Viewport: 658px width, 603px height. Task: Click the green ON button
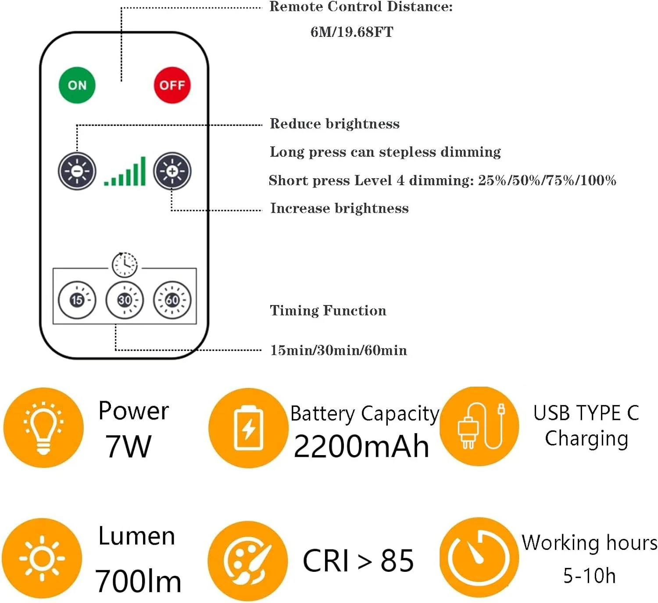click(x=77, y=85)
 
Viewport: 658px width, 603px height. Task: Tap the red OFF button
click(x=172, y=85)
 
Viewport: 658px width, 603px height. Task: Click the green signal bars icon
click(x=125, y=172)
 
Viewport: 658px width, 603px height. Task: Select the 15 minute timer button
click(x=77, y=300)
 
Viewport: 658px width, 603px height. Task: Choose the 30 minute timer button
click(x=125, y=300)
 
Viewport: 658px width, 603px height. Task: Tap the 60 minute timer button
click(x=172, y=300)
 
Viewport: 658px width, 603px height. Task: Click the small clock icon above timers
click(x=125, y=265)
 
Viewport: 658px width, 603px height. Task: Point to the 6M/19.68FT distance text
click(x=352, y=32)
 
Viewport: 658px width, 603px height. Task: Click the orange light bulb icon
click(x=43, y=427)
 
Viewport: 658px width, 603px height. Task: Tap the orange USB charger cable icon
click(x=479, y=427)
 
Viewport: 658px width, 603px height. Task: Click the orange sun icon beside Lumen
click(x=42, y=559)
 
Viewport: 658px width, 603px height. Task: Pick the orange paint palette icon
click(x=248, y=561)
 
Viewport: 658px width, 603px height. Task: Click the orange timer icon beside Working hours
click(x=479, y=557)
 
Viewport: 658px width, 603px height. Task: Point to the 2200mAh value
click(x=361, y=447)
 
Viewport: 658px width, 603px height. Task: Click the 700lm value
click(x=138, y=581)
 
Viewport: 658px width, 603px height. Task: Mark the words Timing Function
click(x=328, y=311)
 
